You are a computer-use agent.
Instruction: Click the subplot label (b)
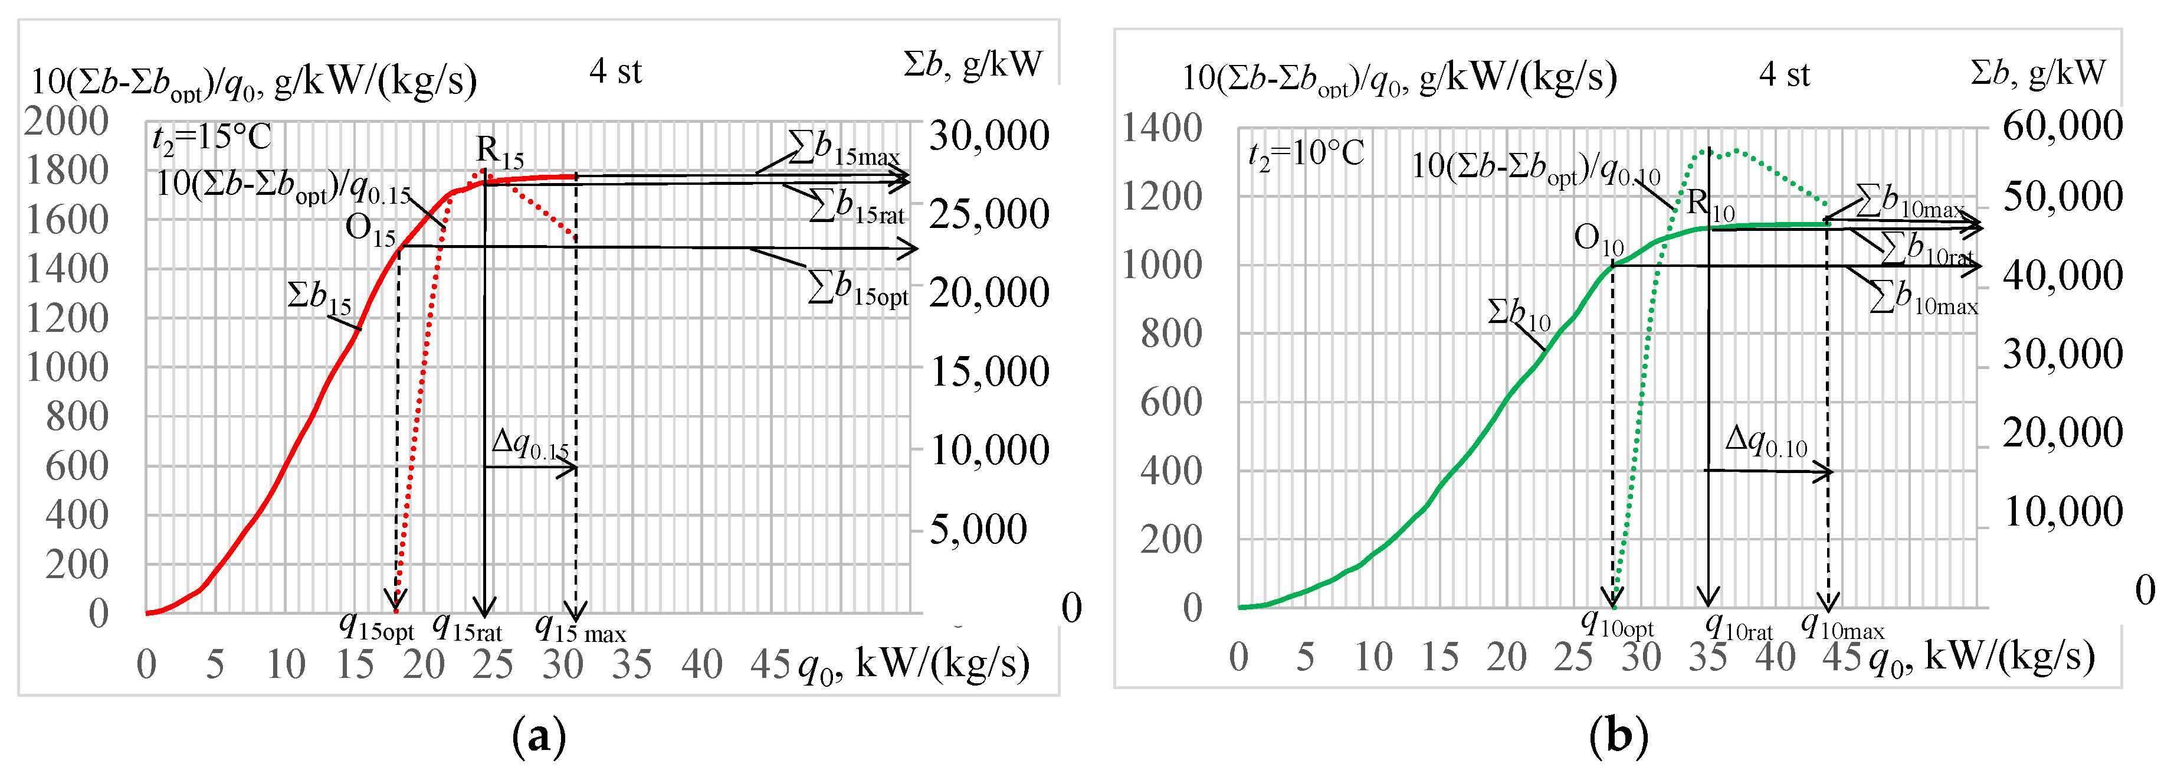(1618, 735)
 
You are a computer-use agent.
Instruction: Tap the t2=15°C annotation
(211, 138)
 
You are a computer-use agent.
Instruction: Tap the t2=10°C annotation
(1306, 155)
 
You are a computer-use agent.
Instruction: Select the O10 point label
(1598, 239)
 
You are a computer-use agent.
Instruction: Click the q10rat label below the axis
(1738, 627)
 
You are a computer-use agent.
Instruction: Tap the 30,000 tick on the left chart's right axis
(989, 136)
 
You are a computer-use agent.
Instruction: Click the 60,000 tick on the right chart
(2062, 126)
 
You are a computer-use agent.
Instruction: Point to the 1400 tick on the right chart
(1162, 128)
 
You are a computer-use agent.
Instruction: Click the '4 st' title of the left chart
(615, 71)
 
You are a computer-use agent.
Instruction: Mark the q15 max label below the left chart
(580, 629)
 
